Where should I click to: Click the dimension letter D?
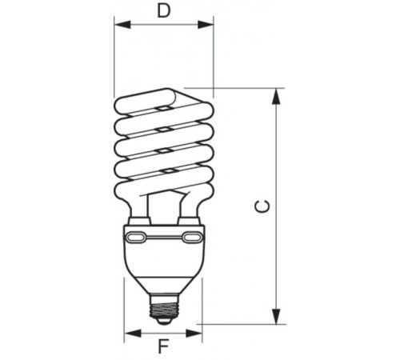pos(163,10)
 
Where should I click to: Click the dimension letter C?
pos(262,206)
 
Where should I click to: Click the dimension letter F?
pos(163,346)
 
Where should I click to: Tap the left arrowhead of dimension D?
pos(120,24)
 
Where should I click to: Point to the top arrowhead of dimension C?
pos(277,94)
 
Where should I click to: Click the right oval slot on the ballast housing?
pos(192,238)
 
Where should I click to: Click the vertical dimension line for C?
pos(277,160)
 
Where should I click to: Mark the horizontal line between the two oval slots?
pos(164,238)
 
